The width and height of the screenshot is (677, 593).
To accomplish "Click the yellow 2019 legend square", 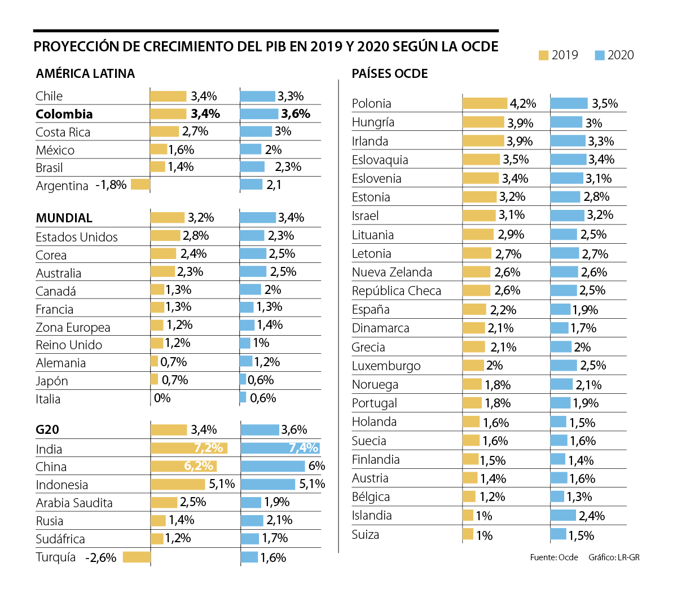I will click(544, 55).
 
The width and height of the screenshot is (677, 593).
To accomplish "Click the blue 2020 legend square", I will click(600, 55).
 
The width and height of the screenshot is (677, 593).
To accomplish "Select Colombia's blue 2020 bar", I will click(259, 114).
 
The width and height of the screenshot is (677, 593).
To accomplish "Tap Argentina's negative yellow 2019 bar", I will click(140, 184).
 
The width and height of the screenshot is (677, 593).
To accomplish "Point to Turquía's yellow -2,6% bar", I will click(137, 557).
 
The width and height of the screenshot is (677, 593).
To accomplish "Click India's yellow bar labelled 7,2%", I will click(188, 448).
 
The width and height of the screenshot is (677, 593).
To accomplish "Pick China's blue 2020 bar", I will click(272, 466).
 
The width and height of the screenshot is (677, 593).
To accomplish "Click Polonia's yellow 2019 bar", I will click(485, 103).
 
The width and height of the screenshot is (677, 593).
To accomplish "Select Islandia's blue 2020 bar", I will click(563, 515).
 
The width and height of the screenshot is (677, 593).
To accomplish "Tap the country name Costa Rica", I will click(63, 132).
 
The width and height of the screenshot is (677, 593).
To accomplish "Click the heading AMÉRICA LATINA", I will click(85, 74).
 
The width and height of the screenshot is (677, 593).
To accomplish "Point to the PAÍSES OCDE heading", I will click(390, 74).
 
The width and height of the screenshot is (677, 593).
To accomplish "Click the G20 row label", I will click(47, 430).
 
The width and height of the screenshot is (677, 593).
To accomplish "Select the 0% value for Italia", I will click(162, 398).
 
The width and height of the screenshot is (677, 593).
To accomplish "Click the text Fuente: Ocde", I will click(554, 557).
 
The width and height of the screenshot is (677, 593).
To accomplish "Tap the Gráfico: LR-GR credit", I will click(614, 557).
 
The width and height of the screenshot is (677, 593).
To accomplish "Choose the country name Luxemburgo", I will click(386, 366).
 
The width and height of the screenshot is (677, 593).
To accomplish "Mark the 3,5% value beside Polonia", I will click(605, 104).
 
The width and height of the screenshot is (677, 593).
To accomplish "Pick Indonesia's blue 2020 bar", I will click(268, 484).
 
